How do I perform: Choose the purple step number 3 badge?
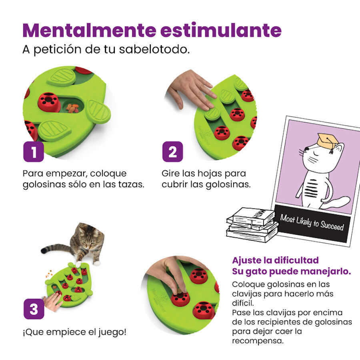33,309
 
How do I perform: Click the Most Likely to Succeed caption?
312,222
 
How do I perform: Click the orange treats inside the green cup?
73,107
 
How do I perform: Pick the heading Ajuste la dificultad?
275,260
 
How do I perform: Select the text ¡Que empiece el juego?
74,332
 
